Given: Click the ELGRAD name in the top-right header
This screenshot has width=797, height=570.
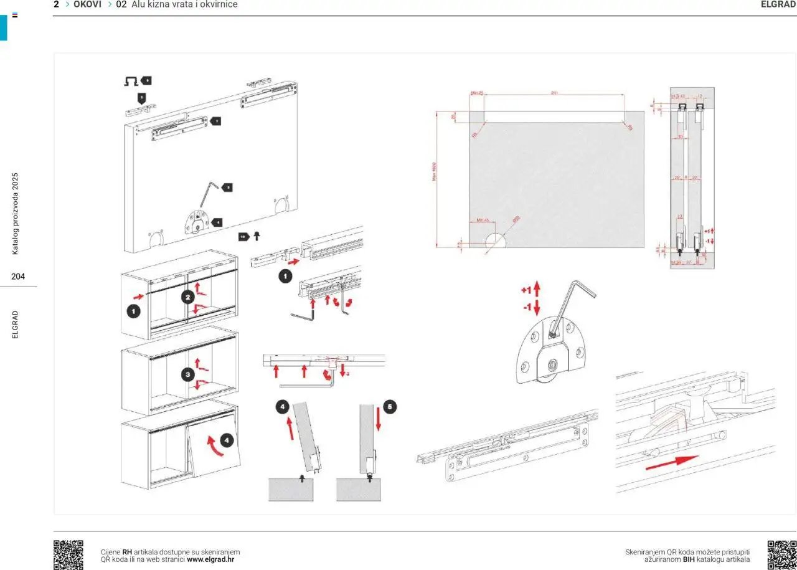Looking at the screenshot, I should (778, 4).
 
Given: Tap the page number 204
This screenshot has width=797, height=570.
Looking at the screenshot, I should (18, 277).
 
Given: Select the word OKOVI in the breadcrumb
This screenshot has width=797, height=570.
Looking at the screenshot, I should (87, 4).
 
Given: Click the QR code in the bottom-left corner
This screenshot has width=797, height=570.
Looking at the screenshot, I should (68, 554).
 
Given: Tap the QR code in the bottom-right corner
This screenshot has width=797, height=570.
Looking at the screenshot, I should (782, 554).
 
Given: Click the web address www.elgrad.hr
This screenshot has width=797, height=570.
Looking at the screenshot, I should (210, 559).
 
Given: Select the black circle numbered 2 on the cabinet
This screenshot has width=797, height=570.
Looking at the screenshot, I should (188, 297).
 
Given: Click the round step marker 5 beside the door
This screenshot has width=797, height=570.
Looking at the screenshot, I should (389, 407).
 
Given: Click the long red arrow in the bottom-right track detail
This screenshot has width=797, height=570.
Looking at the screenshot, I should (672, 462).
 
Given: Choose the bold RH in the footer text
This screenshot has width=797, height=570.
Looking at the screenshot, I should (127, 552).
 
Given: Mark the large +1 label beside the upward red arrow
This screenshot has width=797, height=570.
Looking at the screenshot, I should (526, 291).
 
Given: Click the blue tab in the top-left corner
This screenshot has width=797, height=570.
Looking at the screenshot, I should (4, 26).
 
